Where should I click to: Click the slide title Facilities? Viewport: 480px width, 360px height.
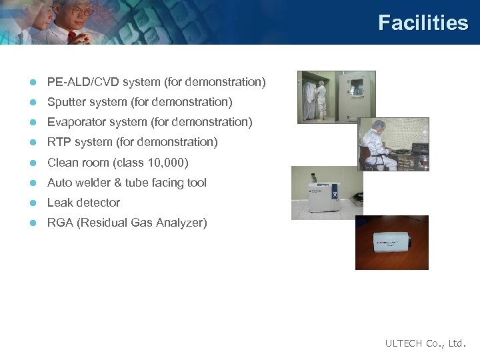423,23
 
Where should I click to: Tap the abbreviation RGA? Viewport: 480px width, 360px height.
60,222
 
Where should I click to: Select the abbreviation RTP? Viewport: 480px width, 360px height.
59,142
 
